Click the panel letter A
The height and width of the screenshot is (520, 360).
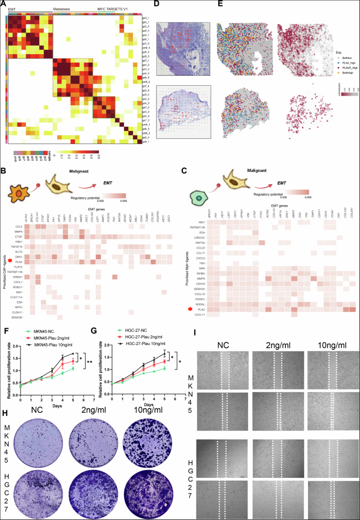tap(3, 3)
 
